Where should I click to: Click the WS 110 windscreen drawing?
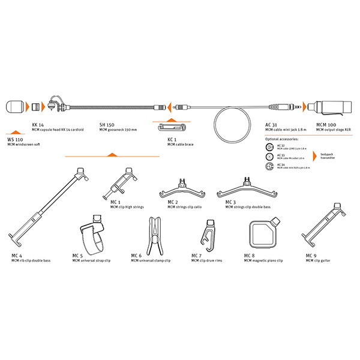tap(16, 108)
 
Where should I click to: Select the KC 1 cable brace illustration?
tap(172, 127)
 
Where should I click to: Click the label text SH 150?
tap(106, 124)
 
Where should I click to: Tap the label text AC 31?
tap(271, 124)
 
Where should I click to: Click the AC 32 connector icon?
tap(268, 146)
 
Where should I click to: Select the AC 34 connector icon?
tap(268, 166)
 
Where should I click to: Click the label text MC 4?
tap(16, 256)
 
